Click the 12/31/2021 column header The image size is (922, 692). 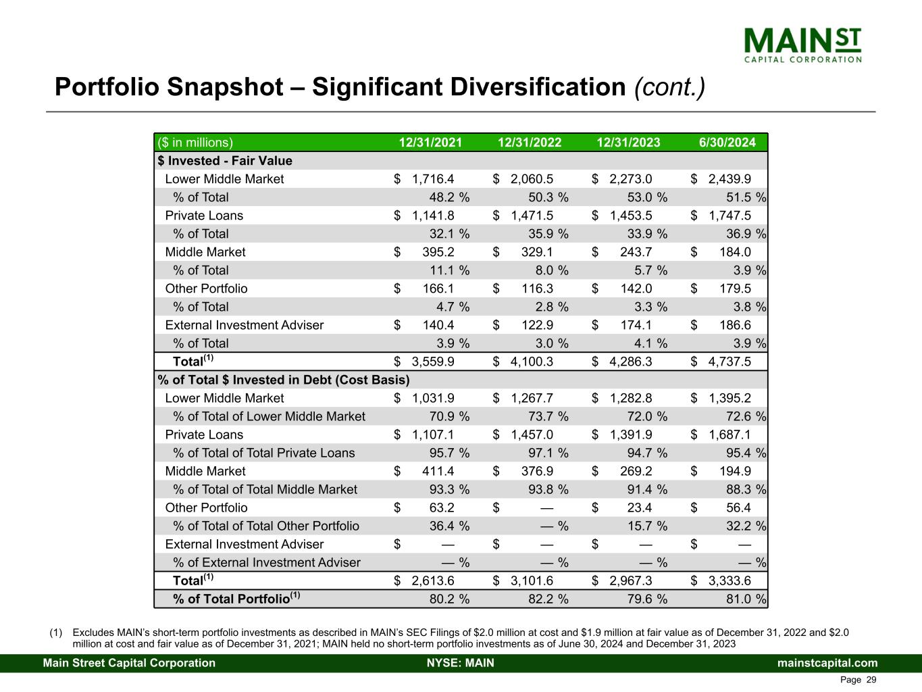(x=430, y=143)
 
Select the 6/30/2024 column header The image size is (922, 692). (x=727, y=143)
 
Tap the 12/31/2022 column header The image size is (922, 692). (x=530, y=143)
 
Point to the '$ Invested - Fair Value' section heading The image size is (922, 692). (x=225, y=161)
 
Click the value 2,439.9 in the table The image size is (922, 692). (x=729, y=179)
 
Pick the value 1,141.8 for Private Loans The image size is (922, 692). (x=432, y=216)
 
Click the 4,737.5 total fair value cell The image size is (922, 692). (x=729, y=362)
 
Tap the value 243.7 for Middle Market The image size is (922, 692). (x=636, y=252)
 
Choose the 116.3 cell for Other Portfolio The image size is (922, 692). (x=537, y=289)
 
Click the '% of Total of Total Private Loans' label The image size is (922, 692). (x=263, y=453)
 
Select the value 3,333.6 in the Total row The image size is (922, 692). (x=729, y=580)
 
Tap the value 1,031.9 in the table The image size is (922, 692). (x=432, y=398)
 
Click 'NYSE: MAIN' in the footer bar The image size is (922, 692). (x=461, y=663)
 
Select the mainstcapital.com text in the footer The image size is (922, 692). (x=827, y=663)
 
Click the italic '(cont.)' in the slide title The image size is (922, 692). (x=669, y=87)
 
